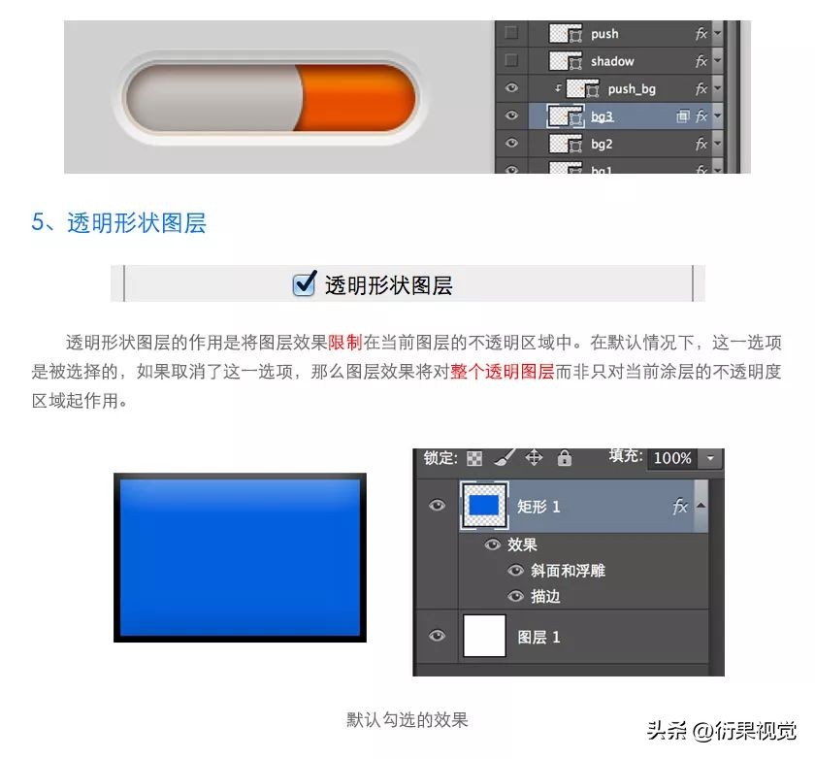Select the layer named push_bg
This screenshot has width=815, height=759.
(x=632, y=89)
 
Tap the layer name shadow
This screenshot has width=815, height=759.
(x=612, y=61)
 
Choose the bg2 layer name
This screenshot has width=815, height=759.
(x=602, y=145)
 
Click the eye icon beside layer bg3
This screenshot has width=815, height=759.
(x=511, y=116)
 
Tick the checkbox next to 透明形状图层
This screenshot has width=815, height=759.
(x=305, y=283)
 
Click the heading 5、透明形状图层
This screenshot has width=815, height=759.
(x=118, y=222)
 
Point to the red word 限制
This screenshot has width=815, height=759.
(x=344, y=343)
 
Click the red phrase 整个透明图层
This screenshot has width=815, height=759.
(x=502, y=372)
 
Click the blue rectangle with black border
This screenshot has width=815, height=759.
(x=240, y=557)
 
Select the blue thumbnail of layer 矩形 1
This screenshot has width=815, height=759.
(x=484, y=506)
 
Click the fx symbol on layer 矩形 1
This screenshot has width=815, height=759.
(x=680, y=507)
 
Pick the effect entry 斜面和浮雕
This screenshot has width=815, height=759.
(x=568, y=571)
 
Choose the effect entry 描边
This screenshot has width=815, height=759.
(x=545, y=596)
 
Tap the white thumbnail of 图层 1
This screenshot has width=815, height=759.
(x=484, y=637)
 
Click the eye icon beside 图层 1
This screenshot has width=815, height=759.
(x=438, y=637)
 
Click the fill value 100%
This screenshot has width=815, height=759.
(x=671, y=458)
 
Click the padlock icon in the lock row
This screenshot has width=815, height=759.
(x=565, y=458)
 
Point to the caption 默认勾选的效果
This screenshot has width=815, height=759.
(x=407, y=720)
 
